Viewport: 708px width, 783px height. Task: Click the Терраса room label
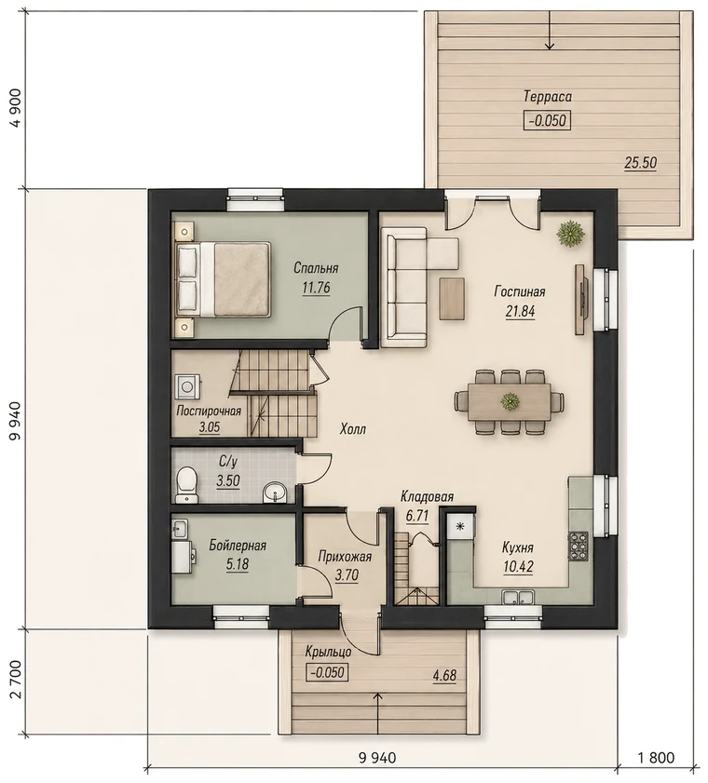pos(548,96)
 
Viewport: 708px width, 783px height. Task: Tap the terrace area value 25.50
pos(640,163)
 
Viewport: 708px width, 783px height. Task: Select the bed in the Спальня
pos(222,278)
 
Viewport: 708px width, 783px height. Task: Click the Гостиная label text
pos(520,291)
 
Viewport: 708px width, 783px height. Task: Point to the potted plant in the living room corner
pos(571,234)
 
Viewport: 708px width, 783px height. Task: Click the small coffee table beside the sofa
pos(453,298)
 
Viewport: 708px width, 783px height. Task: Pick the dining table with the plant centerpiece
pos(510,401)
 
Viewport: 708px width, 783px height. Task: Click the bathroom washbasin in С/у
pos(274,492)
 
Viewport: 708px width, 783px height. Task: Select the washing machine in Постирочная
pos(188,386)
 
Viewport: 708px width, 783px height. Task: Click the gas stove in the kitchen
pos(579,546)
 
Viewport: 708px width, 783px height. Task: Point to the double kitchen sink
pos(518,597)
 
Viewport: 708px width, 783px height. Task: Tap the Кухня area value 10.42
pos(519,567)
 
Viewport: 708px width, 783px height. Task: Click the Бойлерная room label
pos(238,546)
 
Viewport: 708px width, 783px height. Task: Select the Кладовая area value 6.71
pos(417,516)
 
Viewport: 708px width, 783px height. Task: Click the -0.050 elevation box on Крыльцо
pos(327,672)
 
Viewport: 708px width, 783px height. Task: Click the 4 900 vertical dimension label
pos(18,109)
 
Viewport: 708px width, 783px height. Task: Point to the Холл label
pos(353,429)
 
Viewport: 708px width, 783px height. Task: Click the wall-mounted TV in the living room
pos(581,300)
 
